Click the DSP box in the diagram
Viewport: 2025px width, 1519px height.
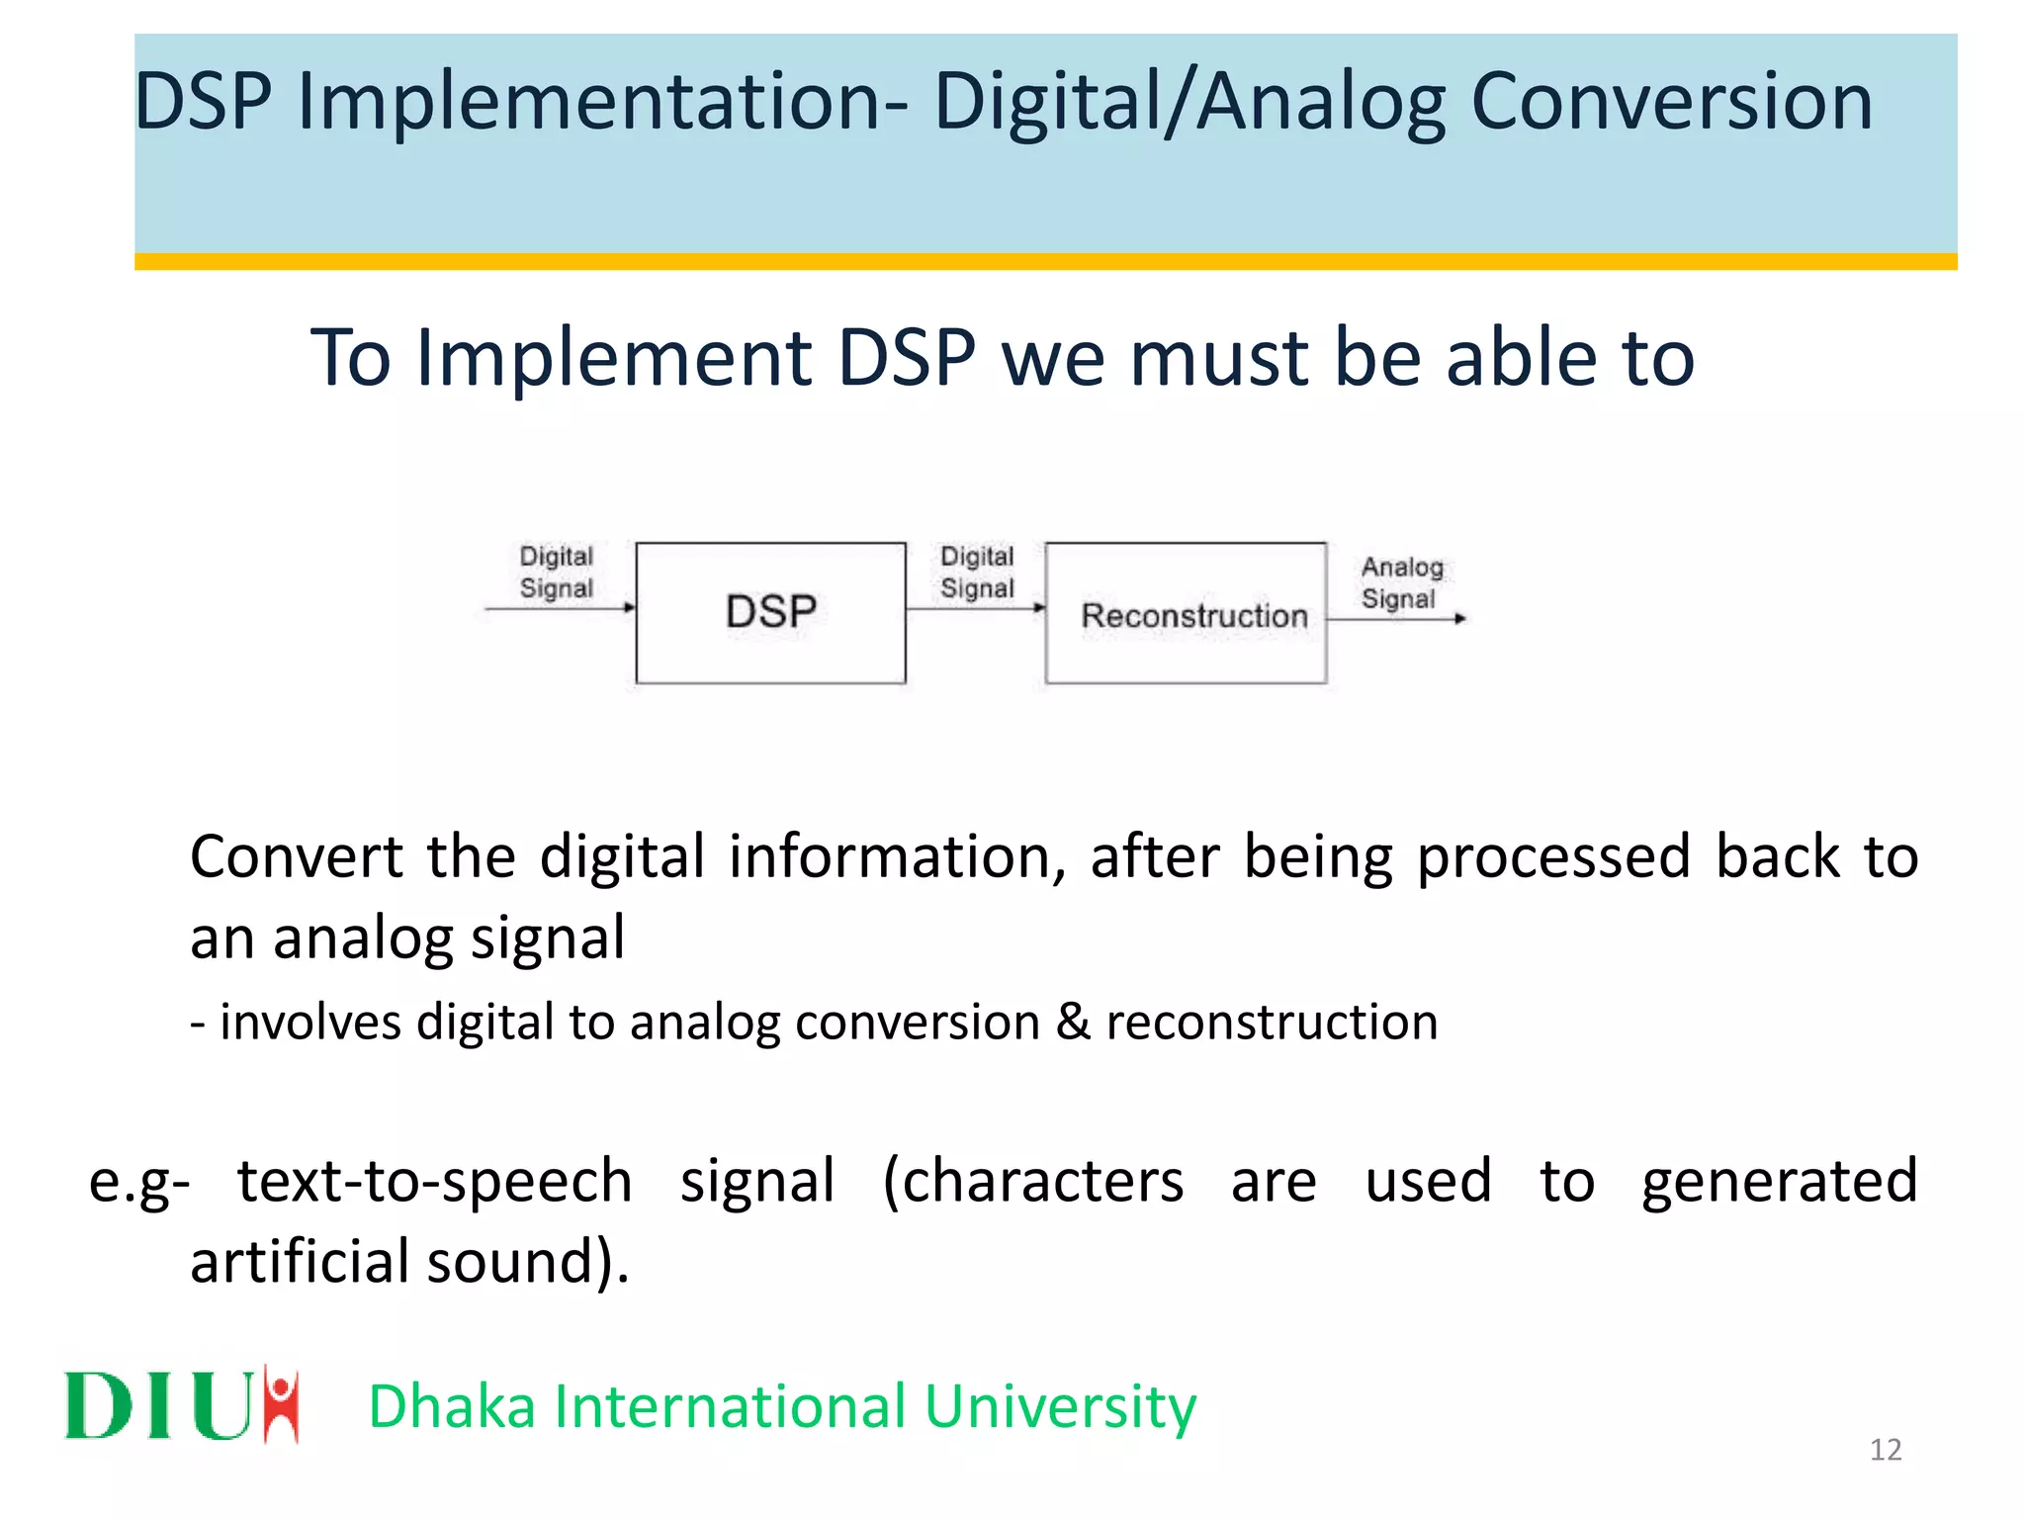coord(770,612)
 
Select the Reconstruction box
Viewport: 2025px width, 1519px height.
coord(1186,613)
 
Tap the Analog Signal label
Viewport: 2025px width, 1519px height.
coord(1401,582)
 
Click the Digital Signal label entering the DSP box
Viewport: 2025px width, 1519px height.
coord(556,572)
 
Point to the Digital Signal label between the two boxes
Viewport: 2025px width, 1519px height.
coord(977,572)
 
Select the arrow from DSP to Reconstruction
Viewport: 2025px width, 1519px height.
coord(974,608)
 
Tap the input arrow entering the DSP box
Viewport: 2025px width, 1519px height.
coord(559,608)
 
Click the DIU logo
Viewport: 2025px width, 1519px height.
coord(182,1404)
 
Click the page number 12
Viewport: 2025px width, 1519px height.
coord(1885,1450)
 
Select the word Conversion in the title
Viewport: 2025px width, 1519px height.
coord(1671,102)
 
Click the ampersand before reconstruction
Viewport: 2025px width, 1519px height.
coord(1073,1022)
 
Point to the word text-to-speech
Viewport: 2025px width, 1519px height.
coord(434,1182)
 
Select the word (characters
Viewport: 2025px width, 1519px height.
coord(1032,1182)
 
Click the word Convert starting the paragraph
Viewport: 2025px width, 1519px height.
coord(296,856)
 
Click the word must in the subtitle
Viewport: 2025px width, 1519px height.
coord(1218,357)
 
